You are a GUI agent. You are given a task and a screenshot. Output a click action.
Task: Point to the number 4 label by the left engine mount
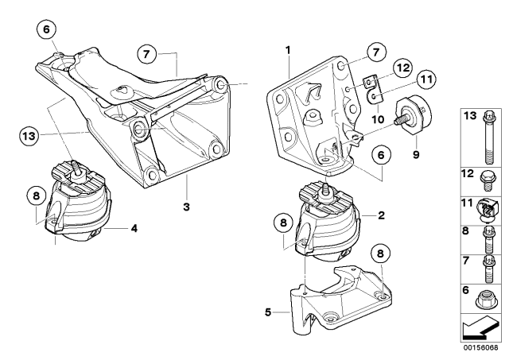(x=134, y=229)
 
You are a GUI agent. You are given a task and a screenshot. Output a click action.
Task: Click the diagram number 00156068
(x=483, y=347)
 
